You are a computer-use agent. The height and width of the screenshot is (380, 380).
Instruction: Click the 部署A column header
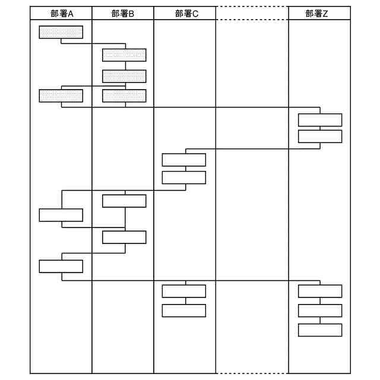point(61,13)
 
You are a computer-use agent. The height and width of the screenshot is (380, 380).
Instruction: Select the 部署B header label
point(123,13)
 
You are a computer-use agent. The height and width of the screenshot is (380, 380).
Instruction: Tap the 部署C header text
point(185,13)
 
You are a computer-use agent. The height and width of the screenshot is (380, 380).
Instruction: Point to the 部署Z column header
point(319,13)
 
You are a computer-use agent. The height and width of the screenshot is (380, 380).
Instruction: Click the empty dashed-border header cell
point(252,13)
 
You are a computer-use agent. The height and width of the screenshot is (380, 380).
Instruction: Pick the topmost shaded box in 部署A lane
point(61,32)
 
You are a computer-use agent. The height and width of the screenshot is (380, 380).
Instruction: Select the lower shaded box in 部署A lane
point(61,95)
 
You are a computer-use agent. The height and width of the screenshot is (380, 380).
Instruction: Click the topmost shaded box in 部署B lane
point(124,55)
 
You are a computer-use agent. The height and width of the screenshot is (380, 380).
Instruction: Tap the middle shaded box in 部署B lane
point(124,76)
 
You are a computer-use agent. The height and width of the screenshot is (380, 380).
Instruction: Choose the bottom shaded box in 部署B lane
point(124,95)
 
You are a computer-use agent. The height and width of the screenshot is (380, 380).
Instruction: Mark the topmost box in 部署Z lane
point(320,120)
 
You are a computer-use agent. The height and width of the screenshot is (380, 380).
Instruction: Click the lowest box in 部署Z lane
point(320,330)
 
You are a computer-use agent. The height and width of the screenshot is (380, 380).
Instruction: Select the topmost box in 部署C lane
point(184,160)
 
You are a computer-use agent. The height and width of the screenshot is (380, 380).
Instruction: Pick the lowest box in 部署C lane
point(184,311)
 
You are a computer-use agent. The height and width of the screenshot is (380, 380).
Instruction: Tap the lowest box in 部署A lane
point(61,266)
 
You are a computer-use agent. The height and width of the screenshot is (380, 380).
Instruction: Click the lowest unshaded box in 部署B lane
point(124,237)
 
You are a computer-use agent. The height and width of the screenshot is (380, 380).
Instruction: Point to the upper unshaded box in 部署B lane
point(124,201)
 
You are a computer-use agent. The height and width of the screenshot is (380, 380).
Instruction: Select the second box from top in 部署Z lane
point(320,137)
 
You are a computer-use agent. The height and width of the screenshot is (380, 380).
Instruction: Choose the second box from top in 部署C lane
point(184,178)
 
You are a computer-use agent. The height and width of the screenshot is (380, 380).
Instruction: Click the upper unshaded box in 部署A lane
point(61,215)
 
